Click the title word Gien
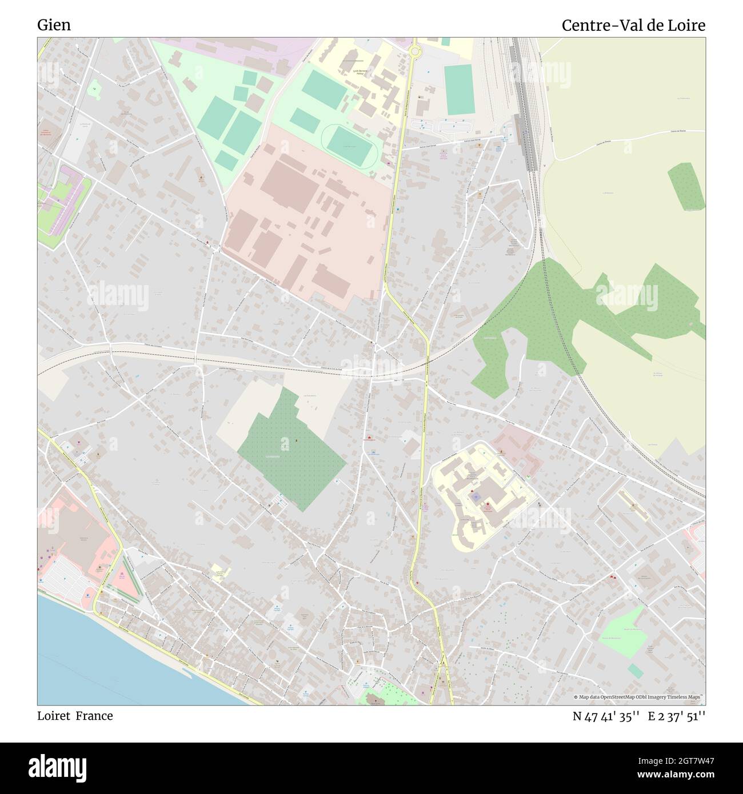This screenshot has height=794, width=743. pyautogui.click(x=54, y=25)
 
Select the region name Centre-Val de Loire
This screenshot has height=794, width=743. pyautogui.click(x=633, y=25)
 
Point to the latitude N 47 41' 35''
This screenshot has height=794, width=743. pyautogui.click(x=606, y=716)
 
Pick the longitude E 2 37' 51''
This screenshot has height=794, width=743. pyautogui.click(x=677, y=716)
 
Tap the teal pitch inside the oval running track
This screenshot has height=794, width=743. pyautogui.click(x=348, y=146)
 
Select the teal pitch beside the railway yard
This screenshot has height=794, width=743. pyautogui.click(x=458, y=89)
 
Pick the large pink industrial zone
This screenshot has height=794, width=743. pyautogui.click(x=303, y=217)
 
